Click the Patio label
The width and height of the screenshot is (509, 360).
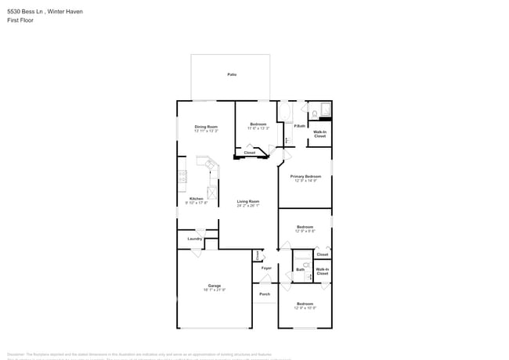[x=232, y=74]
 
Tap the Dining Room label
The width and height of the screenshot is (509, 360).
[x=206, y=126]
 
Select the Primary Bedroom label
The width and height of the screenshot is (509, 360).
[x=305, y=176]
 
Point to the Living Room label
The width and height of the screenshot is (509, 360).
[x=248, y=201]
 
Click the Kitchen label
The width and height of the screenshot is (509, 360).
[x=197, y=198]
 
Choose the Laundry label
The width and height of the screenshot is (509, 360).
[x=194, y=239]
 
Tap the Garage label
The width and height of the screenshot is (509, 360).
[x=215, y=285]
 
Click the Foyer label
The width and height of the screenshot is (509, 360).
[x=266, y=268]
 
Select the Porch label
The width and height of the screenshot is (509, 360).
[x=265, y=294]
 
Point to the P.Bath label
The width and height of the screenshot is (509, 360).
[x=300, y=126]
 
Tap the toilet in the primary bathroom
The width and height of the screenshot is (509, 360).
[x=313, y=114]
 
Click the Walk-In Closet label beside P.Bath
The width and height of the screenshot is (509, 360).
[x=320, y=135]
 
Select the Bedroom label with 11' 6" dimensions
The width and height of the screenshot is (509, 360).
[x=258, y=124]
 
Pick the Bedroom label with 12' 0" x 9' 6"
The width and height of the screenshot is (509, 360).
[x=305, y=227]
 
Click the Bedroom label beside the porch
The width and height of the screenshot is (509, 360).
[x=305, y=304]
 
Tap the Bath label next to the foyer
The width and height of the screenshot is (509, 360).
[x=300, y=269]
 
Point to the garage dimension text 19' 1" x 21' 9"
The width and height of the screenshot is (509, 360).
[x=215, y=290]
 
